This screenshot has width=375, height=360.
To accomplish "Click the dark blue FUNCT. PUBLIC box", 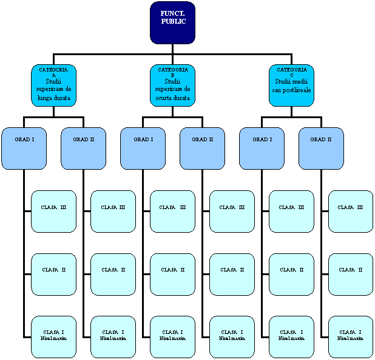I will pyautogui.click(x=173, y=23).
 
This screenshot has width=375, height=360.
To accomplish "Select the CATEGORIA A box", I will pyautogui.click(x=53, y=85).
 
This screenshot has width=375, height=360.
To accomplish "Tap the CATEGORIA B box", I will pyautogui.click(x=172, y=85).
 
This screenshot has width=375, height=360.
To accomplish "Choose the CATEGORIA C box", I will pyautogui.click(x=291, y=85).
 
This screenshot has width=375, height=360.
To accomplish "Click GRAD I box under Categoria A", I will pyautogui.click(x=24, y=148).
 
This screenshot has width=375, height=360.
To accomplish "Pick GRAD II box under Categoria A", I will pyautogui.click(x=83, y=148).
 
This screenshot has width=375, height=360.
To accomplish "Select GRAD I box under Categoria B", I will pyautogui.click(x=143, y=148).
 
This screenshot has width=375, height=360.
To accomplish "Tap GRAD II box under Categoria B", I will pyautogui.click(x=202, y=148).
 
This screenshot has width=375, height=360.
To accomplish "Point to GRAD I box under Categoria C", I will pyautogui.click(x=262, y=148).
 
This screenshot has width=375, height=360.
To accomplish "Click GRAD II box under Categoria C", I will pyautogui.click(x=321, y=148).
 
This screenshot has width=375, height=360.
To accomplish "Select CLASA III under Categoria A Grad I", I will pyautogui.click(x=53, y=211).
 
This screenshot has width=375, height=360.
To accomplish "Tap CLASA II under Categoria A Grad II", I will pyautogui.click(x=113, y=274).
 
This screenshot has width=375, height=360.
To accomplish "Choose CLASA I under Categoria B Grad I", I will pyautogui.click(x=172, y=336).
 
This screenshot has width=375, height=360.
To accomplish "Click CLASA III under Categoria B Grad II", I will pyautogui.click(x=232, y=211).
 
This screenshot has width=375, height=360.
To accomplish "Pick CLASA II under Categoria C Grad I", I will pyautogui.click(x=291, y=274).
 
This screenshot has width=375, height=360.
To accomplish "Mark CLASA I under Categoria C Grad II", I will pyautogui.click(x=350, y=336).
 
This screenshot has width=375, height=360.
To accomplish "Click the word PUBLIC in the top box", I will pyautogui.click(x=174, y=22).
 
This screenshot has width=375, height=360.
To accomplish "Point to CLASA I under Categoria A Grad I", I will pyautogui.click(x=53, y=336).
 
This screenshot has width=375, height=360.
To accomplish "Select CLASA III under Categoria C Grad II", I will pyautogui.click(x=350, y=211).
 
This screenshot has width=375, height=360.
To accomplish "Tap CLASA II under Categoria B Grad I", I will pyautogui.click(x=172, y=274).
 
